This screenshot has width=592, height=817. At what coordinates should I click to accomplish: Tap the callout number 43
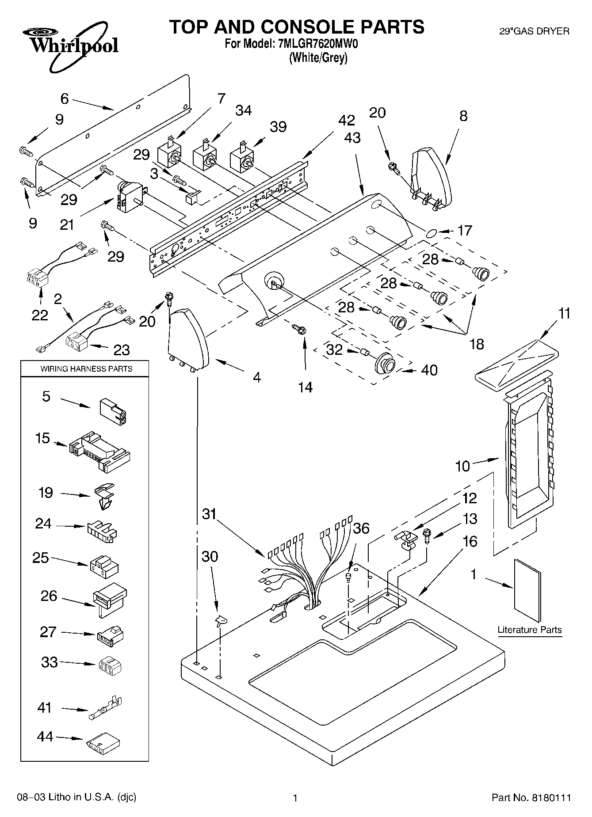[x=352, y=138]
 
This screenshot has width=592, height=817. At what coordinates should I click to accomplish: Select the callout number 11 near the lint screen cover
[x=564, y=314]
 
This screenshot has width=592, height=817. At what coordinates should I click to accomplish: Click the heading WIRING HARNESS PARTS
[x=86, y=369]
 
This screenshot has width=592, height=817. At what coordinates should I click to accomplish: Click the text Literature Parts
[x=529, y=630]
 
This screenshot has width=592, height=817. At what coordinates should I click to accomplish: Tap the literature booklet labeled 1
[x=528, y=590]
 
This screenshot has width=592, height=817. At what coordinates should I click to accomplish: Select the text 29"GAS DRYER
[x=534, y=31]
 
